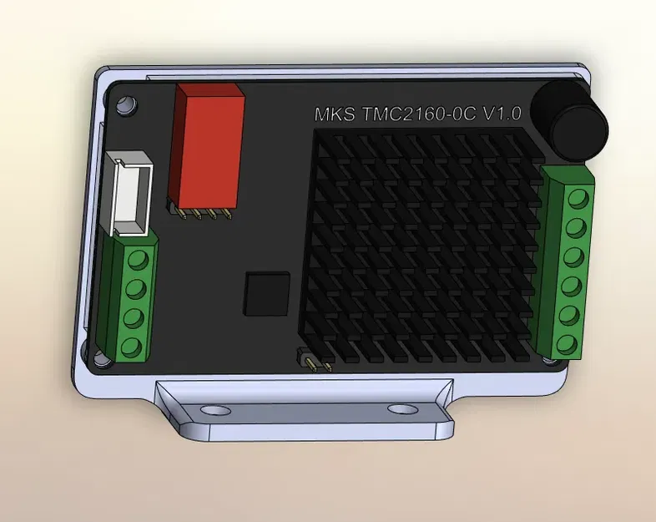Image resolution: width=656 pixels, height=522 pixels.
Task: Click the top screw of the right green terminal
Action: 575,198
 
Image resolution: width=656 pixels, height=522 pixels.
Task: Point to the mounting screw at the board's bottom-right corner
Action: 548,360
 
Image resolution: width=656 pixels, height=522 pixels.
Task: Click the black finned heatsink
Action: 422,251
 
